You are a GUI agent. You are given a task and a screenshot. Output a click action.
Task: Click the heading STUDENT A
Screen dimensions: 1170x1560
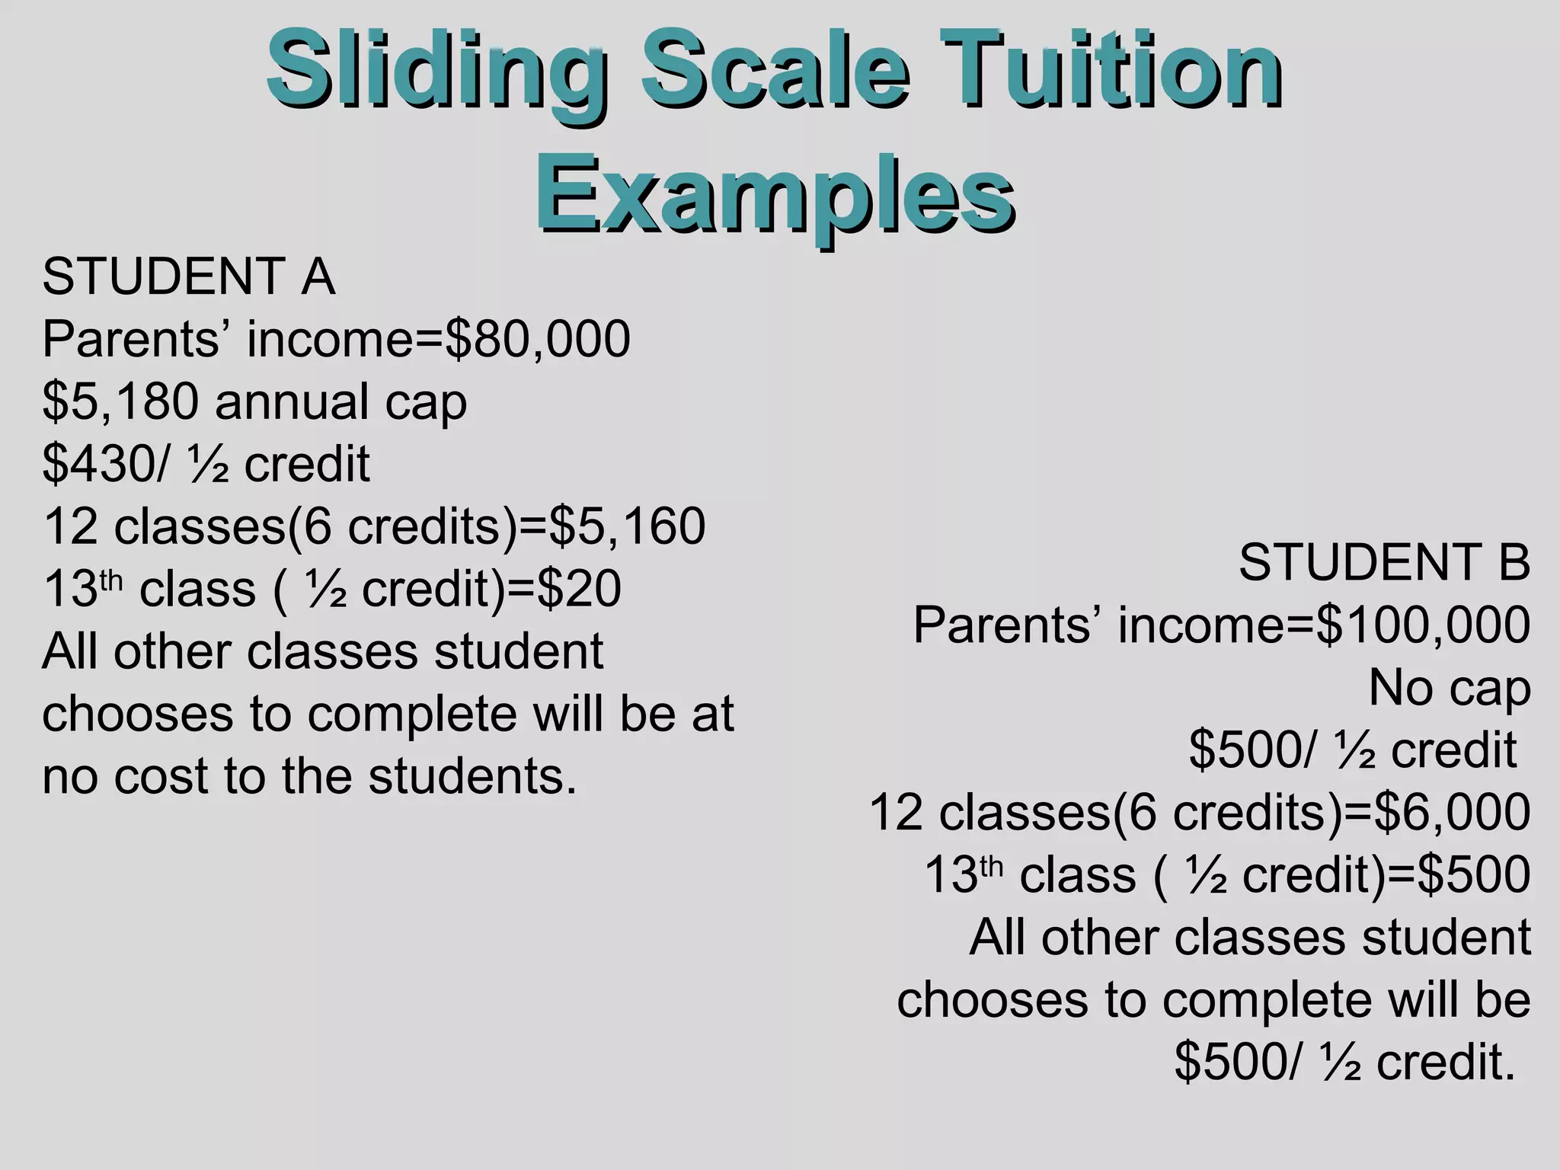point(188,276)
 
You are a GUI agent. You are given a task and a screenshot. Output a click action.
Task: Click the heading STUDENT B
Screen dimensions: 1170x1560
point(1383,563)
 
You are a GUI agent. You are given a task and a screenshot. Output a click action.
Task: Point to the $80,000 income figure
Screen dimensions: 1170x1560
point(538,339)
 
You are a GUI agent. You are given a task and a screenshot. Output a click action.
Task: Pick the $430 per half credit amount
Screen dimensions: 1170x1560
point(100,464)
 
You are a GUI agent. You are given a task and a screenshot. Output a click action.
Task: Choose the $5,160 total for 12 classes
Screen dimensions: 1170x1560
point(628,526)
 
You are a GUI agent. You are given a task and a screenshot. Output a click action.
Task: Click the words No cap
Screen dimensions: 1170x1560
point(1449,688)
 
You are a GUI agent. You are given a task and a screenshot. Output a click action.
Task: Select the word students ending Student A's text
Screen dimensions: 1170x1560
point(473,776)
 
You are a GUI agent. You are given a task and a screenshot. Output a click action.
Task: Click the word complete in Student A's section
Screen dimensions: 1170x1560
point(411,714)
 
